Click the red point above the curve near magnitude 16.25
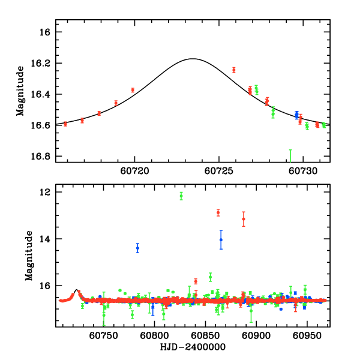pyautogui.click(x=234, y=70)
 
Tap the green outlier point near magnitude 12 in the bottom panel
pyautogui.click(x=181, y=196)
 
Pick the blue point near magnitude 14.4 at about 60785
pyautogui.click(x=138, y=248)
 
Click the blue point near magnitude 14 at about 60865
pyautogui.click(x=221, y=239)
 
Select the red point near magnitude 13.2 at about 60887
pyautogui.click(x=244, y=219)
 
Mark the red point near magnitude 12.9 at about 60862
pyautogui.click(x=218, y=212)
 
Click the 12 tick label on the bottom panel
pyautogui.click(x=44, y=192)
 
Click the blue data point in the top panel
pyautogui.click(x=296, y=114)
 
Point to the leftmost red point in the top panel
pyautogui.click(x=65, y=124)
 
